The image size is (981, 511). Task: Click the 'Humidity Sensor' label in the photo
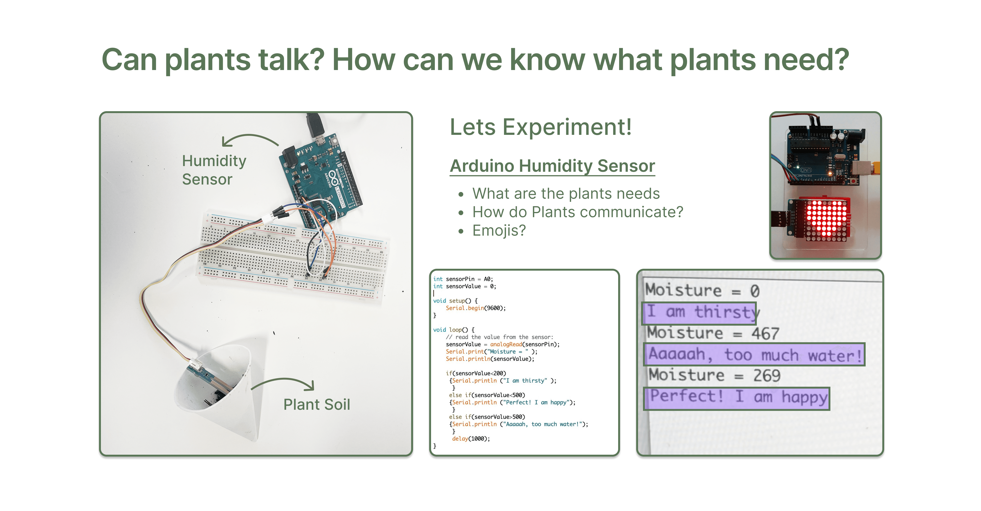click(x=214, y=170)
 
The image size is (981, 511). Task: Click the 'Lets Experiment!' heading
click(x=541, y=127)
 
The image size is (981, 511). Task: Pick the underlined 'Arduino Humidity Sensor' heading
click(x=552, y=166)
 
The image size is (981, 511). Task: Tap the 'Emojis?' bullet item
click(x=499, y=231)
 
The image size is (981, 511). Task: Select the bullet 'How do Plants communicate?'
click(x=578, y=212)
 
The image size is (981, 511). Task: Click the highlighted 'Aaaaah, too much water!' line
click(x=754, y=355)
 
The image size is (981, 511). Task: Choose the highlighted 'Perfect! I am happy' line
click(x=737, y=398)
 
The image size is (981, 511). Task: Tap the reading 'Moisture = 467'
click(x=713, y=333)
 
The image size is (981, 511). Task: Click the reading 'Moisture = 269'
click(x=714, y=375)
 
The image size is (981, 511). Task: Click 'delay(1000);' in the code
click(x=471, y=439)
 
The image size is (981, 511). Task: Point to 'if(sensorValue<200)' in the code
click(x=476, y=373)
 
